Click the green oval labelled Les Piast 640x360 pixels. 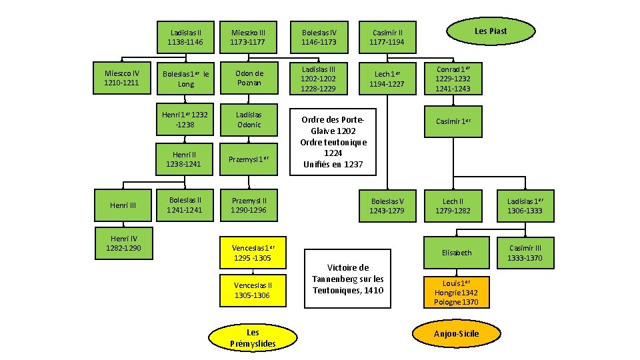tap(490, 31)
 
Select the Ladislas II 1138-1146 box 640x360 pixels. tap(186, 37)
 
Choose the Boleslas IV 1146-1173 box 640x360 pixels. tap(319, 37)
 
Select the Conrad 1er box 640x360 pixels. tap(453, 79)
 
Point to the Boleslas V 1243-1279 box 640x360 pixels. tap(388, 205)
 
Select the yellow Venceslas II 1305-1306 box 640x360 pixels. tap(253, 290)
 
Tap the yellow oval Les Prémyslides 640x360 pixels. tap(253, 337)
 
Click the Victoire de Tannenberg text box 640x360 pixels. tap(347, 278)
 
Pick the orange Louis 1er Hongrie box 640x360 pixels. tap(456, 292)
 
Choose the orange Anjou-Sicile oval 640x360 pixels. tap(456, 333)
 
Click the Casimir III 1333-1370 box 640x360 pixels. tap(525, 253)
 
